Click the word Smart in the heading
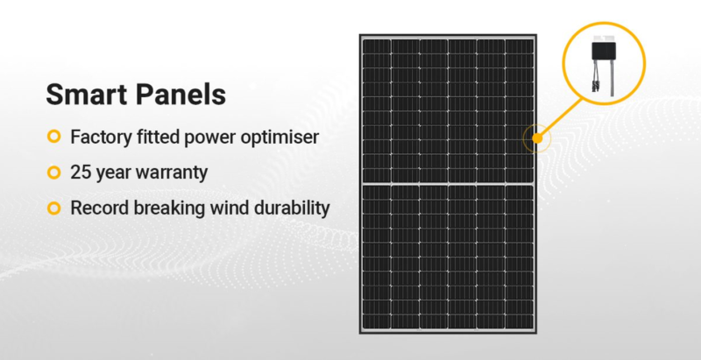point(86,95)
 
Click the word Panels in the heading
point(181,95)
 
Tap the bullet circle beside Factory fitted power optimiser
point(53,137)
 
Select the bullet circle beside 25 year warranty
point(53,172)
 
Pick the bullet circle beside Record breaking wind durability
point(53,208)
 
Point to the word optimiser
point(280,138)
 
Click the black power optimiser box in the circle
point(603,51)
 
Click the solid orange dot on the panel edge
point(537,138)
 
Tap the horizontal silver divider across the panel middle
point(448,184)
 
